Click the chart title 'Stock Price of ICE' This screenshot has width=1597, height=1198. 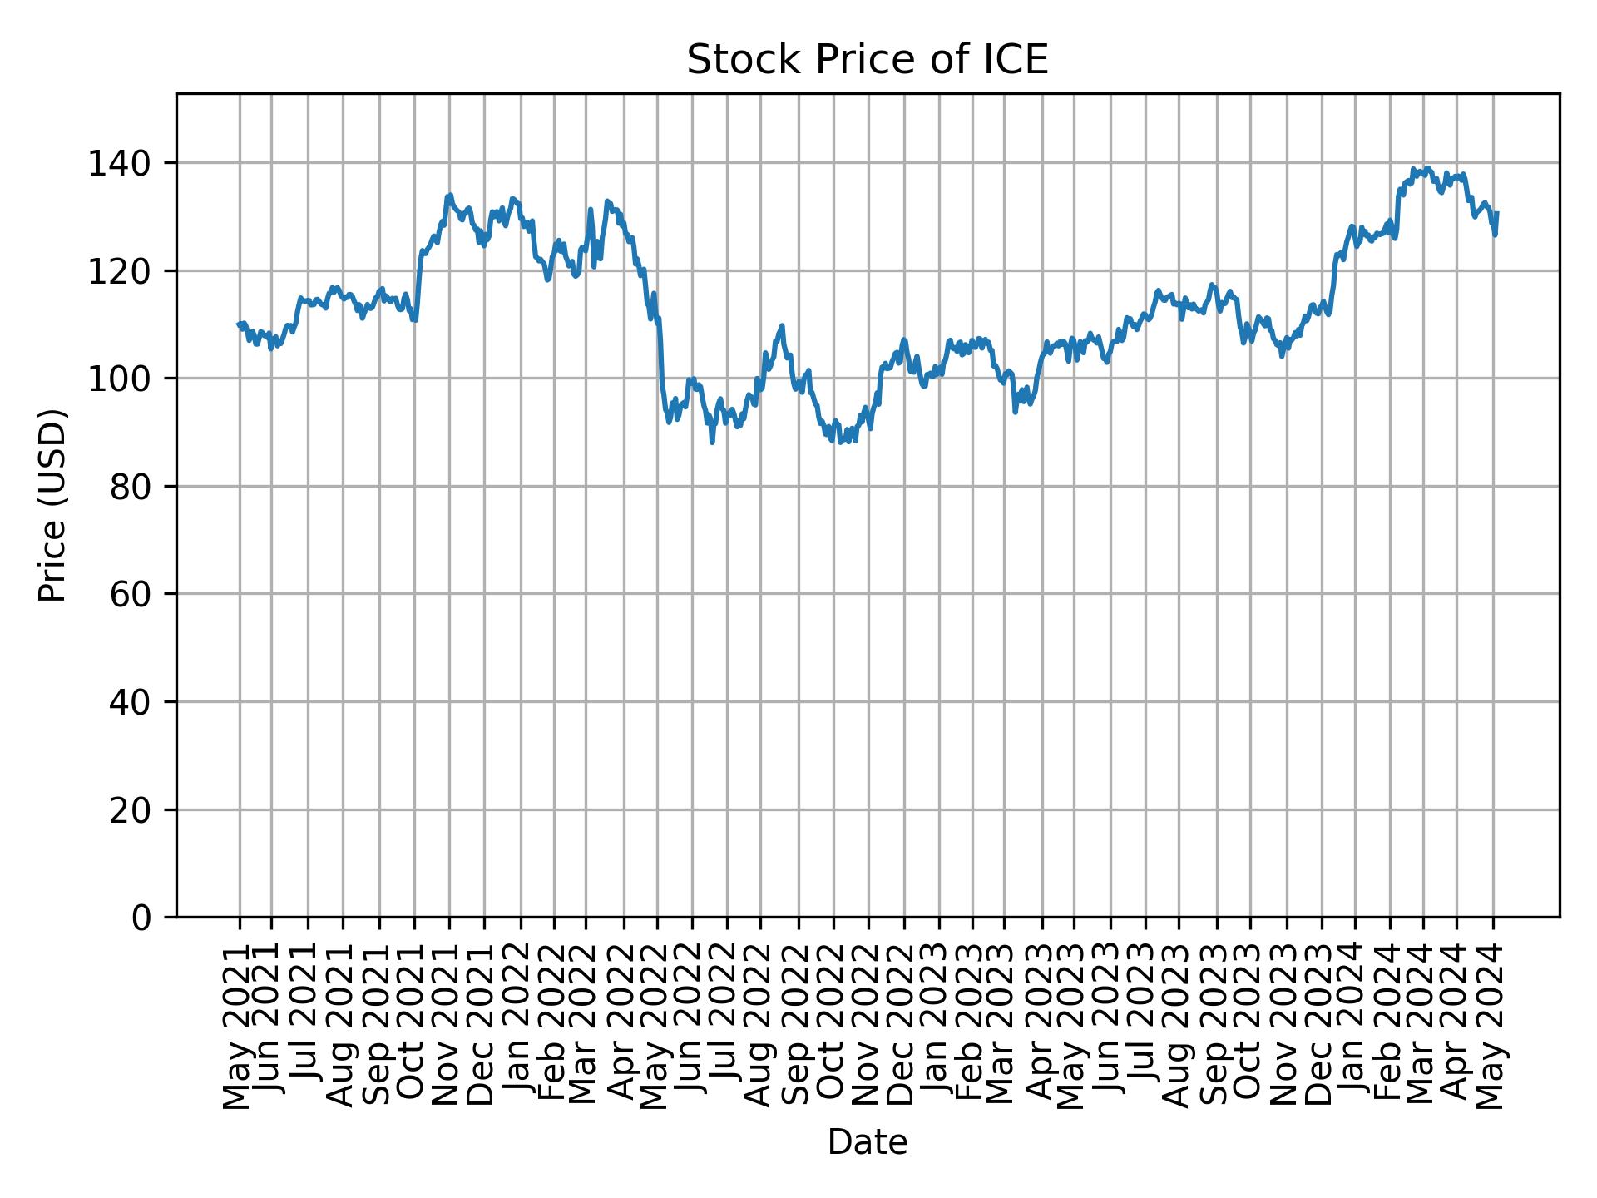[867, 61]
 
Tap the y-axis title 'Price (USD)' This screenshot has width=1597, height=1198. [52, 505]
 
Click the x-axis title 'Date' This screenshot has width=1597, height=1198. [867, 1142]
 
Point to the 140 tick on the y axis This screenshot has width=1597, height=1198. [125, 163]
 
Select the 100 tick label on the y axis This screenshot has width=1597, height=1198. [125, 379]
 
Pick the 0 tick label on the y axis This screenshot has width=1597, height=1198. [141, 917]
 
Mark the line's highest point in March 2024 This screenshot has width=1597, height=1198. [1427, 167]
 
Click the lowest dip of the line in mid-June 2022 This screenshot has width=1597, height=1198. [712, 442]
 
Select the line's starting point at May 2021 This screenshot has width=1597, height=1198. [239, 324]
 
